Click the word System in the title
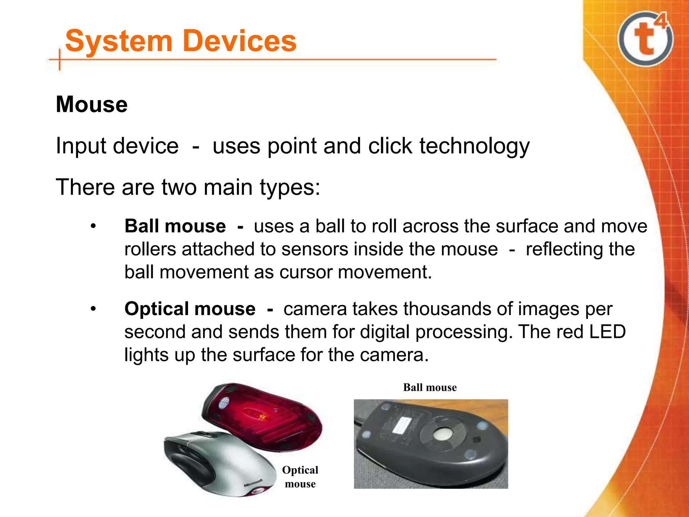(119, 41)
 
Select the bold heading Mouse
(92, 104)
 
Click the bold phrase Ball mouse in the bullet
(175, 226)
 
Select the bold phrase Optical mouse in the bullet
(190, 309)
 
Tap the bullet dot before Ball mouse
(93, 226)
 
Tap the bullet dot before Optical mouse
(93, 309)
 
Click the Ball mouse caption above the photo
(430, 387)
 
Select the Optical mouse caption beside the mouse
(300, 477)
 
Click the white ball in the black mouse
(442, 434)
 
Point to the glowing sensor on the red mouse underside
(261, 417)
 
